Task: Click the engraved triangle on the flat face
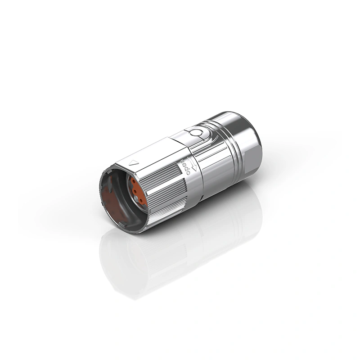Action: pos(134,163)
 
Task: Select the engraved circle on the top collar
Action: pos(195,133)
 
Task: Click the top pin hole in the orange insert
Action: pos(133,182)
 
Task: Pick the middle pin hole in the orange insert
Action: pos(135,191)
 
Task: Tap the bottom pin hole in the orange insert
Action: pos(140,201)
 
